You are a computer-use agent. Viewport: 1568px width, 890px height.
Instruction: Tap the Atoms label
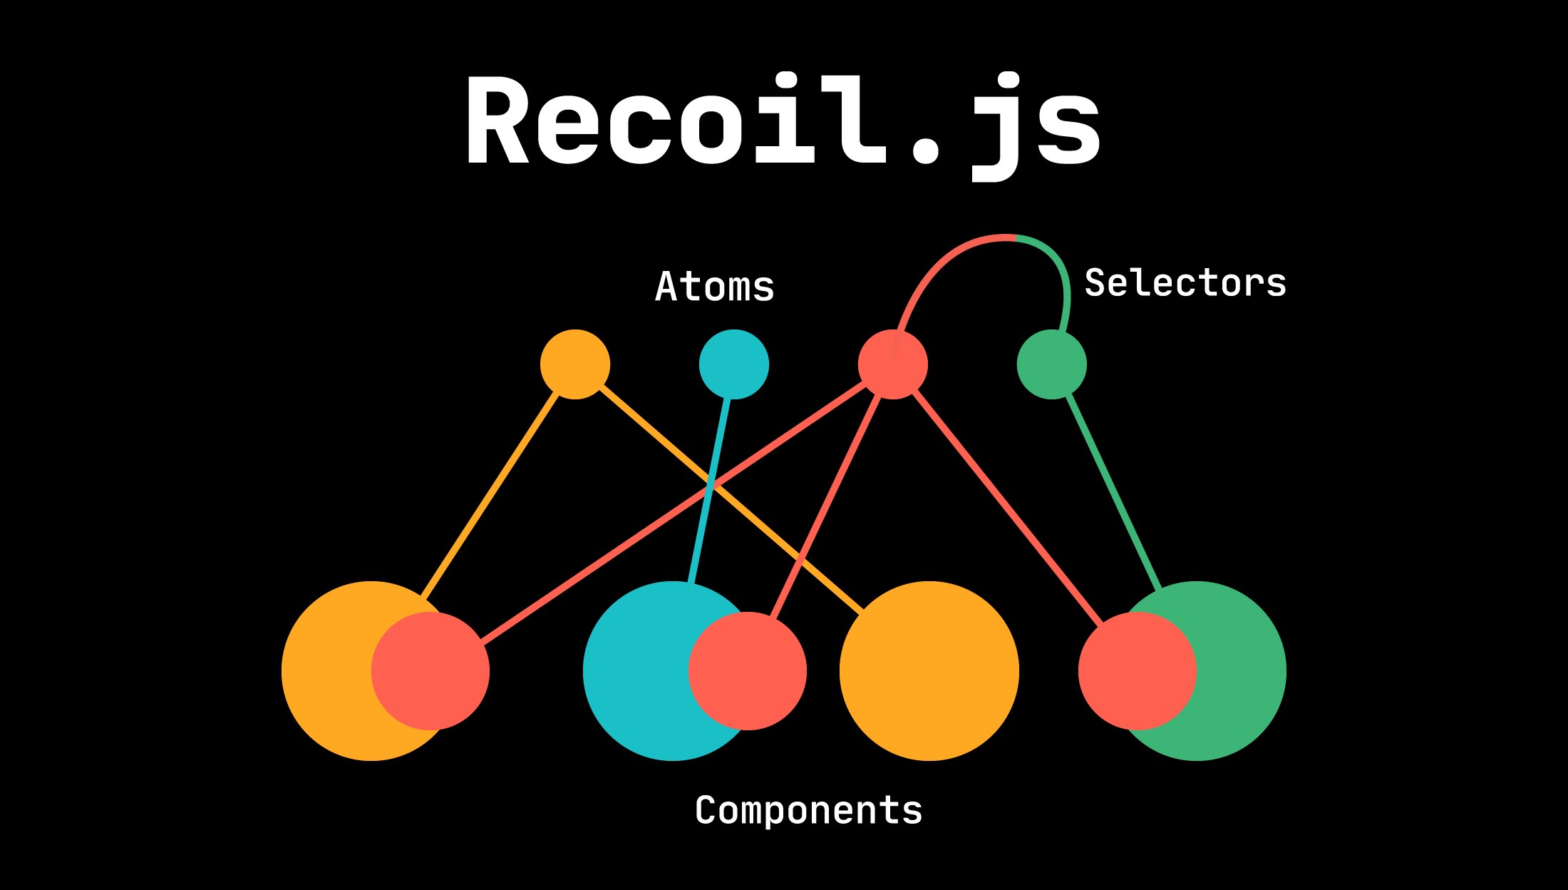(714, 287)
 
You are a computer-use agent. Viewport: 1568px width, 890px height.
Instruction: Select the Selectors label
(1185, 283)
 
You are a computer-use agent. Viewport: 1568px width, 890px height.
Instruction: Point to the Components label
(808, 810)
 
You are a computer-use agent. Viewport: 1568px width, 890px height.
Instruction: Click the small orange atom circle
(575, 364)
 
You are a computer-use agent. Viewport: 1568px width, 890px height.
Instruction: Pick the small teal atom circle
(733, 364)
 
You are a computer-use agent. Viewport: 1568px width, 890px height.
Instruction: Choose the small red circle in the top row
(892, 364)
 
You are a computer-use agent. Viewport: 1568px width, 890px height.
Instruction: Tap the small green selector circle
(1051, 364)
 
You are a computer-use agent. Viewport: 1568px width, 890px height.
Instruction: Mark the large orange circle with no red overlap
(929, 670)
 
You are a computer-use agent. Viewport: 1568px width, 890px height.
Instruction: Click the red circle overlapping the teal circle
(748, 670)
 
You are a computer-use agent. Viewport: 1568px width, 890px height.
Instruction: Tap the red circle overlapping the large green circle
(1137, 670)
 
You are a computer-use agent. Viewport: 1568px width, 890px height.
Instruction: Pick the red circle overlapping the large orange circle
(430, 670)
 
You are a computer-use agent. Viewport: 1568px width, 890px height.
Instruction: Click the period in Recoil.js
(926, 150)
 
